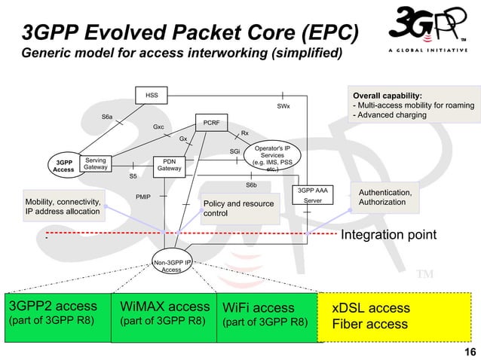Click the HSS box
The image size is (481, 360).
point(152,96)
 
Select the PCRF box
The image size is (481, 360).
point(211,121)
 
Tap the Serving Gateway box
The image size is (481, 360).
point(95,163)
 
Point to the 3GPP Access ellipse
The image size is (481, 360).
point(63,166)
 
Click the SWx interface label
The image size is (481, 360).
point(283,108)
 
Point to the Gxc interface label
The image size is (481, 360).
point(158,127)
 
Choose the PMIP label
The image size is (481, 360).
point(143,196)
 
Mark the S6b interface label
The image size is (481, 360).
point(251,185)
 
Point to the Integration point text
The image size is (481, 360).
point(388,235)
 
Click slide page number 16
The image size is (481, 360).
point(469,352)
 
